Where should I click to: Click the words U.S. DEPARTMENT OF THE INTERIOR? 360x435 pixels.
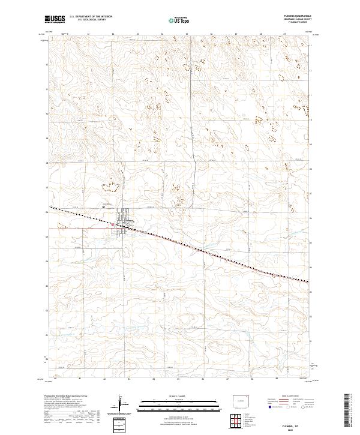pos(91,17)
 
